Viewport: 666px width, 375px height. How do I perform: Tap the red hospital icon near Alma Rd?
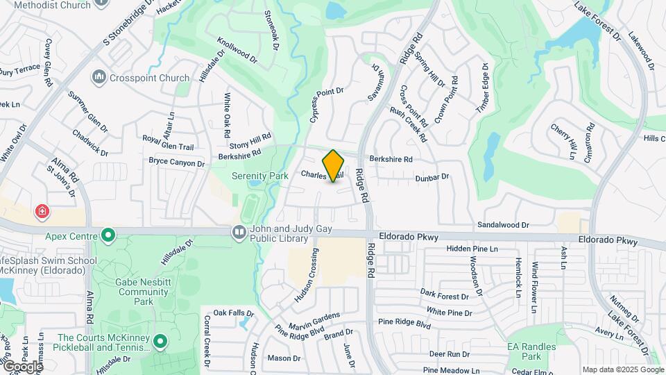(x=42, y=210)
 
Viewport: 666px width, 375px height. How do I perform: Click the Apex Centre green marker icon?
(x=108, y=235)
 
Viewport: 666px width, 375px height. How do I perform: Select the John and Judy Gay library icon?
(x=239, y=232)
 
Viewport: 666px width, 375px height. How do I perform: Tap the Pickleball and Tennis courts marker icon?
(x=160, y=341)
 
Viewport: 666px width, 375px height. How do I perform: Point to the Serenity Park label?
(x=259, y=176)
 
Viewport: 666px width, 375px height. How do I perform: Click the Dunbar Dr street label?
(x=432, y=178)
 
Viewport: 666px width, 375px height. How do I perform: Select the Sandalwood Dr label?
(x=504, y=225)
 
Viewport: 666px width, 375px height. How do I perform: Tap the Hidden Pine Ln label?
(x=472, y=249)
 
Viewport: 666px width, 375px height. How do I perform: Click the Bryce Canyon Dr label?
(x=177, y=162)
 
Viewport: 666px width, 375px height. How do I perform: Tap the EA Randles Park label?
(x=531, y=351)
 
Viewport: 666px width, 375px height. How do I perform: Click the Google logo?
(x=22, y=366)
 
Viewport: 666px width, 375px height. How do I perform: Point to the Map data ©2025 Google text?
(x=623, y=369)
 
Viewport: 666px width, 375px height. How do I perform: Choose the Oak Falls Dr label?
(x=230, y=312)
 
